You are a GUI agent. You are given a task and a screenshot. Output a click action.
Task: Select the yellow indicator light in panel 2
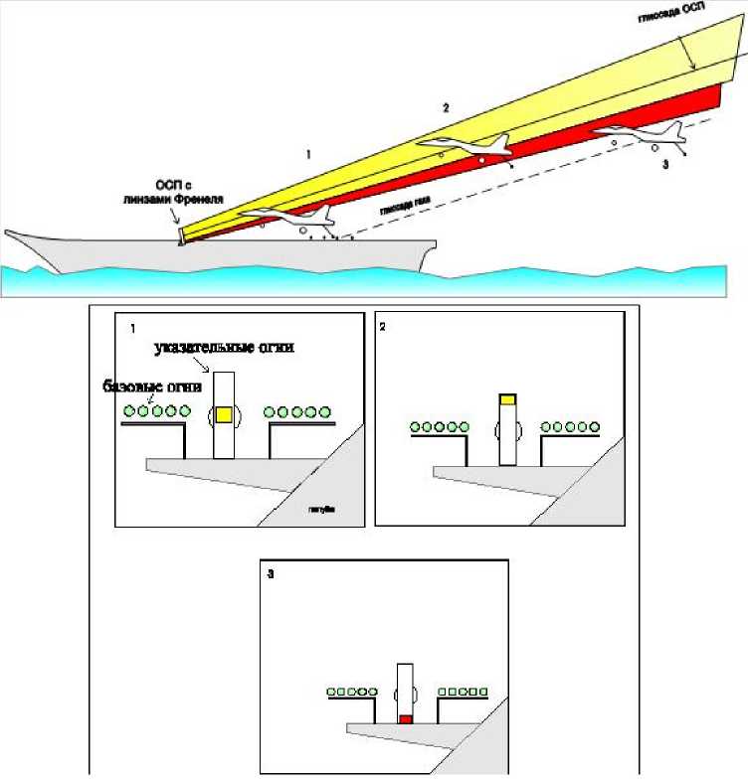point(507,399)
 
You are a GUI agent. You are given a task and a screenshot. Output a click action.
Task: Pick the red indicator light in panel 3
point(405,718)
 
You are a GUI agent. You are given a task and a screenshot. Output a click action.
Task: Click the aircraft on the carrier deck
point(290,219)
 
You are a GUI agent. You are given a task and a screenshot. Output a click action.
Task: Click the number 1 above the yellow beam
point(309,154)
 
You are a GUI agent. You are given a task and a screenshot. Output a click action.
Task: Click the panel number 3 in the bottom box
point(272,573)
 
